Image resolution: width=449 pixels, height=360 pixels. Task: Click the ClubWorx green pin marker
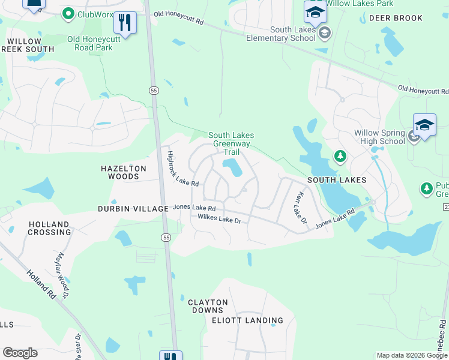pyautogui.click(x=68, y=13)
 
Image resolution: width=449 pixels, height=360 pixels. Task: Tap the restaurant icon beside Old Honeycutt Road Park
pyautogui.click(x=124, y=23)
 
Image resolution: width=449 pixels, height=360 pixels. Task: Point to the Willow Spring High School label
pyautogui.click(x=379, y=137)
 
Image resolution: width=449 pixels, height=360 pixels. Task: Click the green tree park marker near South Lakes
pyautogui.click(x=340, y=157)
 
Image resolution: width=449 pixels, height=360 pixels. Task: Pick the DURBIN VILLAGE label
pyautogui.click(x=133, y=208)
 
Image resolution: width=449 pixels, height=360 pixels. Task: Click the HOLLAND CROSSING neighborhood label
pyautogui.click(x=49, y=228)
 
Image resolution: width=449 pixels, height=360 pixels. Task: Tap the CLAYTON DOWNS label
pyautogui.click(x=208, y=306)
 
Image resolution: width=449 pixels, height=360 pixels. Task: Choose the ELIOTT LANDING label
pyautogui.click(x=247, y=320)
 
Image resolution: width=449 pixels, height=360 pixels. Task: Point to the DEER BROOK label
pyautogui.click(x=396, y=18)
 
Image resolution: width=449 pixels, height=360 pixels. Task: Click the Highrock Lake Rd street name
pyautogui.click(x=182, y=169)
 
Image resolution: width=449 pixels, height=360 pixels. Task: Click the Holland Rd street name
pyautogui.click(x=41, y=285)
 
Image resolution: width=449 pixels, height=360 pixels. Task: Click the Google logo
pyautogui.click(x=20, y=353)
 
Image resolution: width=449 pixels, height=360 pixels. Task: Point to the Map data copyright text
pyautogui.click(x=411, y=355)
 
